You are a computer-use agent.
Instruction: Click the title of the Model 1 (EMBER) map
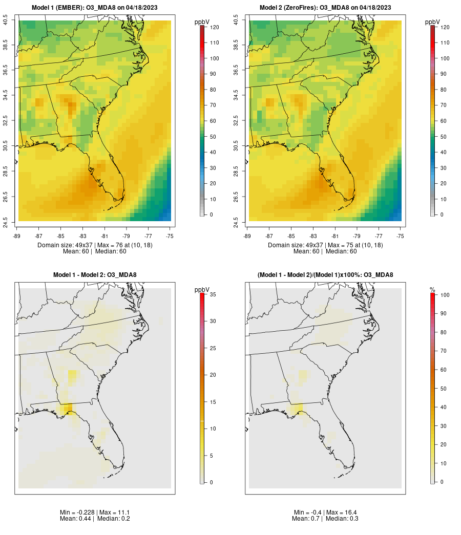pyautogui.click(x=95, y=8)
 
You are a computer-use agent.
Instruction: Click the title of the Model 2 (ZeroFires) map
pyautogui.click(x=325, y=8)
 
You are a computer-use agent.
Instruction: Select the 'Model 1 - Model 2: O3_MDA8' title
pyautogui.click(x=95, y=275)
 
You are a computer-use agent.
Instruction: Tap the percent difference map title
pyautogui.click(x=325, y=275)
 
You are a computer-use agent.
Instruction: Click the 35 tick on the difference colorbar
pyautogui.click(x=213, y=294)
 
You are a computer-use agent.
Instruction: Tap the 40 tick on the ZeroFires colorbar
pyautogui.click(x=443, y=152)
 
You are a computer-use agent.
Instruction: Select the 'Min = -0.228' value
pyautogui.click(x=78, y=512)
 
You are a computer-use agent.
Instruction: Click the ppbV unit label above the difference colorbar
pyautogui.click(x=202, y=290)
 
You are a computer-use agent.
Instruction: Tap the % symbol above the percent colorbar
pyautogui.click(x=432, y=290)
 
